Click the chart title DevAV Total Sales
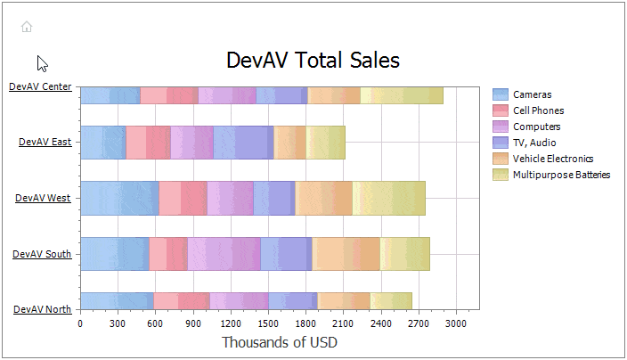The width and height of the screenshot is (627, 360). click(x=313, y=61)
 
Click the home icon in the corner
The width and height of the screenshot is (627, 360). click(x=27, y=27)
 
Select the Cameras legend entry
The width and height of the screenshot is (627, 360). click(x=532, y=94)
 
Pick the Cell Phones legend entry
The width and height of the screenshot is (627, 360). click(x=538, y=110)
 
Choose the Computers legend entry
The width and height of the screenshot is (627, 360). click(x=536, y=127)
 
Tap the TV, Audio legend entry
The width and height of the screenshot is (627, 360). click(x=535, y=143)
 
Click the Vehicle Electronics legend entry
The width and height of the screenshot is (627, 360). click(x=552, y=159)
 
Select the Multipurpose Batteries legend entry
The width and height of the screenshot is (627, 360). click(x=561, y=175)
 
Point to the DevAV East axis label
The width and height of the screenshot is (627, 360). click(x=45, y=142)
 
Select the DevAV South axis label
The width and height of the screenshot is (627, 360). click(x=42, y=254)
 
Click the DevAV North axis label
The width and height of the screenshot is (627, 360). click(x=42, y=309)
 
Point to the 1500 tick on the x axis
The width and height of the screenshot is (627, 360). click(x=268, y=323)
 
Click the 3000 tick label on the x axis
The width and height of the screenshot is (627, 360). click(x=456, y=323)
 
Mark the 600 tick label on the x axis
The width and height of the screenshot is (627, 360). click(x=155, y=323)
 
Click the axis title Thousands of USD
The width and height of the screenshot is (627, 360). click(x=279, y=342)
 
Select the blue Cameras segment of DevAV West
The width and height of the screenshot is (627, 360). click(x=119, y=198)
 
